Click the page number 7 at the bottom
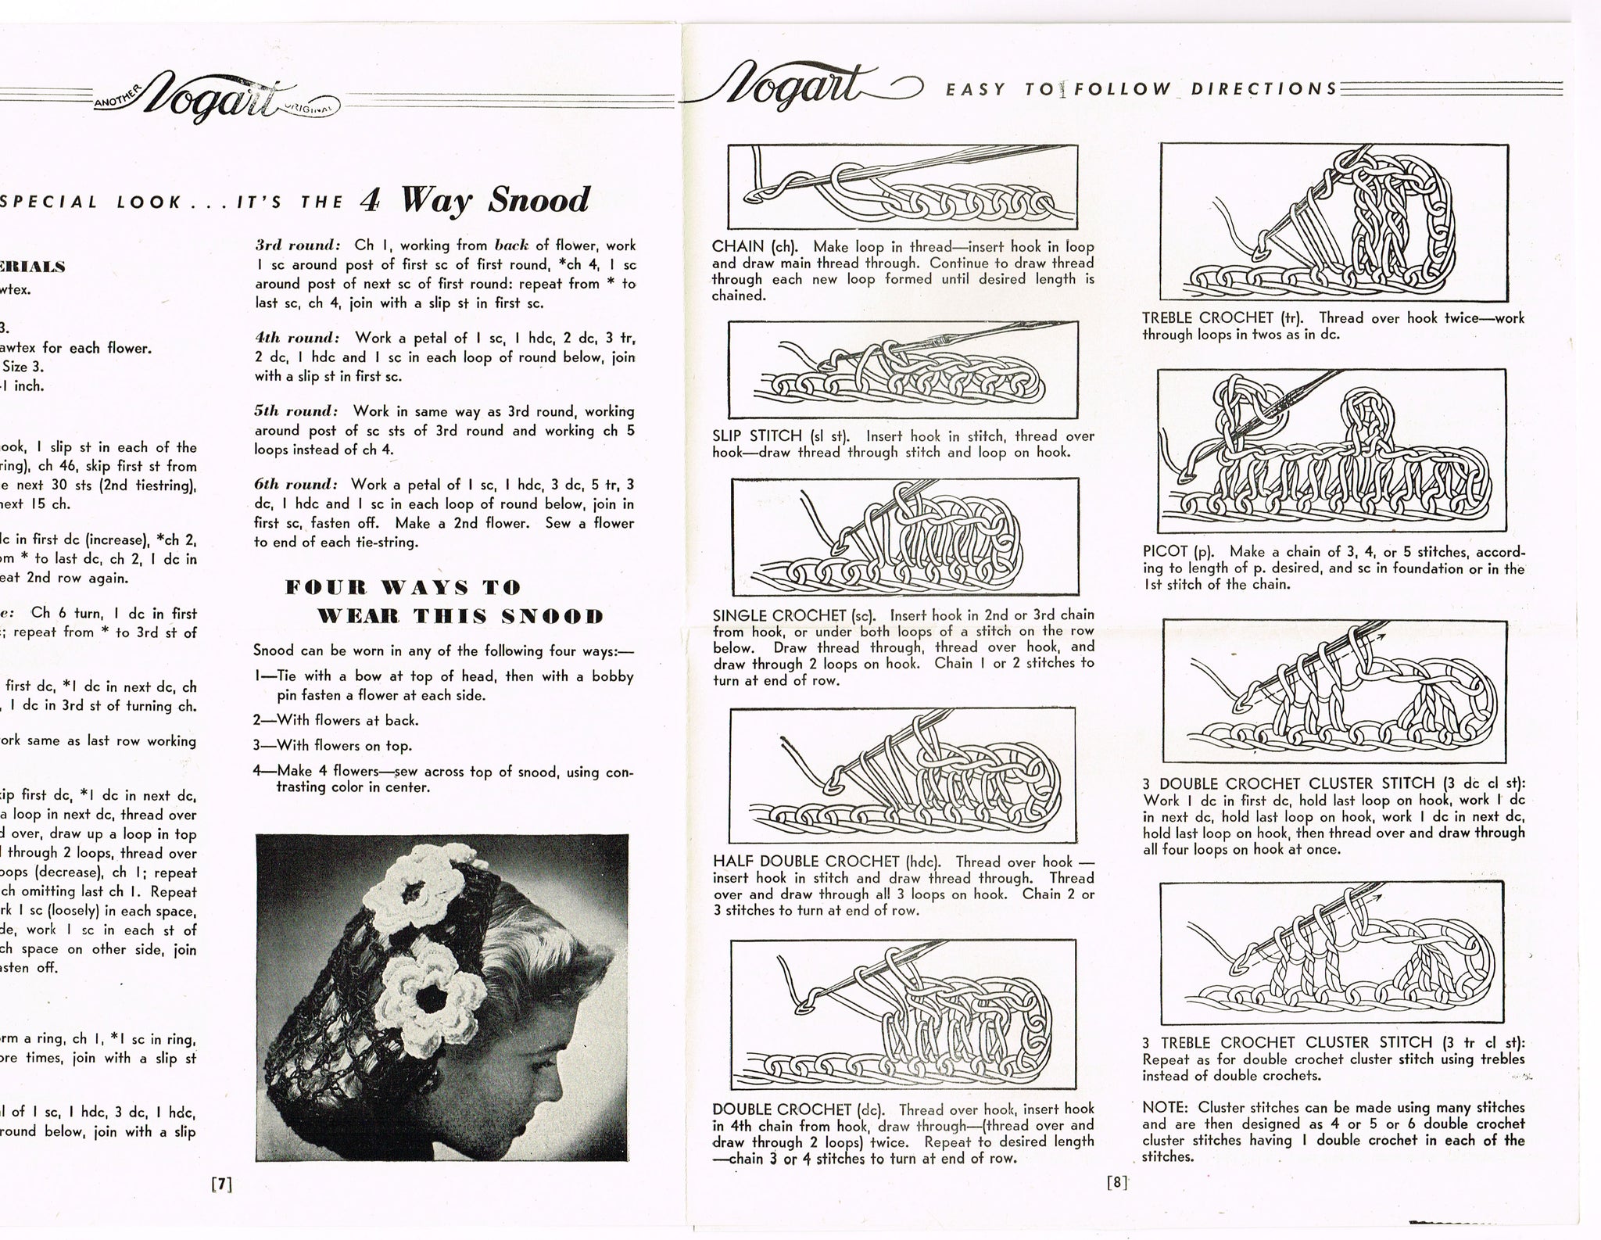point(222,1184)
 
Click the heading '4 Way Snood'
point(475,201)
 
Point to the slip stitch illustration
point(903,371)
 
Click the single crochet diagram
point(904,536)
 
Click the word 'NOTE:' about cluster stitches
point(1167,1107)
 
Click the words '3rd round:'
point(296,245)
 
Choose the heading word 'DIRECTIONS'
point(1264,88)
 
